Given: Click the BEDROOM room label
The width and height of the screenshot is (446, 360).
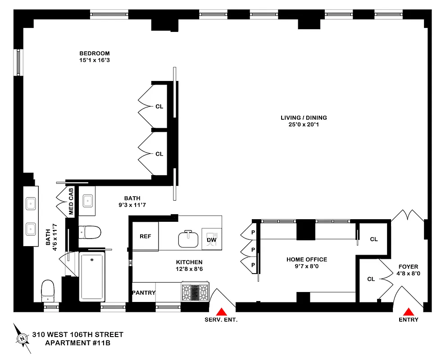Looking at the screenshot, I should click(x=94, y=53).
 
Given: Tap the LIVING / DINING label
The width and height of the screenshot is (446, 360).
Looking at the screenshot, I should click(x=304, y=118).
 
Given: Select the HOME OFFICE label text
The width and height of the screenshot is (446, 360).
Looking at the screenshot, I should click(x=306, y=259).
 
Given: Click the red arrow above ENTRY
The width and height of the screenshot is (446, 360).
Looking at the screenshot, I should click(x=408, y=311).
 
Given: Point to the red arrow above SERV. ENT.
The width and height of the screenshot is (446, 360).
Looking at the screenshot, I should click(x=221, y=311).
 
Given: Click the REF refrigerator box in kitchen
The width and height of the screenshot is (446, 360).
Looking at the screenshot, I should click(x=145, y=236).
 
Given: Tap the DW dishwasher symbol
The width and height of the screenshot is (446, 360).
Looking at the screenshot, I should click(x=211, y=240).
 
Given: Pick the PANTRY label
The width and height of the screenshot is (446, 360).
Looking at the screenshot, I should click(x=143, y=292).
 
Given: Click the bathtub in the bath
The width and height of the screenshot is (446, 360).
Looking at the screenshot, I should click(x=92, y=276).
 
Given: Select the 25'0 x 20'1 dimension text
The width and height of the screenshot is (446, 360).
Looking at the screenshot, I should click(x=304, y=125).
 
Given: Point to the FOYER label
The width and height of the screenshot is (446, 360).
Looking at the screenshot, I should click(x=408, y=266).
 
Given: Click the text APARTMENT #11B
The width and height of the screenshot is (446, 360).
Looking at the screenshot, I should click(x=77, y=343).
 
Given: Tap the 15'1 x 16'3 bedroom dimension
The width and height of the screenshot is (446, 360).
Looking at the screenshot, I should click(x=94, y=60).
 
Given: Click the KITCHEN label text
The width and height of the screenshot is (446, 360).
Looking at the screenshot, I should click(x=189, y=262).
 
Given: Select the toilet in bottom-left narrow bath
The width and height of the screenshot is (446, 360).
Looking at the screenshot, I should click(x=47, y=290).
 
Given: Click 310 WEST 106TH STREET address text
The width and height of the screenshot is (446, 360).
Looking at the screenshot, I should click(x=77, y=335).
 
